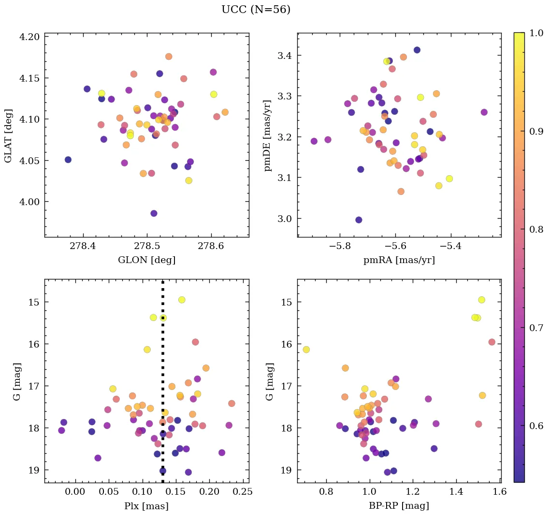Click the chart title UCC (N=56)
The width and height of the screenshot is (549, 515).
tap(256, 10)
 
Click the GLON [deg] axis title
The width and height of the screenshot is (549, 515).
tap(146, 260)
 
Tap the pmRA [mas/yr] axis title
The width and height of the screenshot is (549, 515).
tap(399, 260)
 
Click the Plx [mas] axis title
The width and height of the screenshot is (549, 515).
tap(146, 506)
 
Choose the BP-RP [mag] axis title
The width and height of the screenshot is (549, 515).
tap(399, 506)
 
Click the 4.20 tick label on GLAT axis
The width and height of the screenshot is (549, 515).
tap(30, 37)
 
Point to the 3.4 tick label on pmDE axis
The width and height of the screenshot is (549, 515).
tap(285, 56)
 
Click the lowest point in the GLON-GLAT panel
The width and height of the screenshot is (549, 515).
tap(154, 213)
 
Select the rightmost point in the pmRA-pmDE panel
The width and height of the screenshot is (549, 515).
tap(484, 112)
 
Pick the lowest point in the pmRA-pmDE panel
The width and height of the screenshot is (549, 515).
tap(359, 220)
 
